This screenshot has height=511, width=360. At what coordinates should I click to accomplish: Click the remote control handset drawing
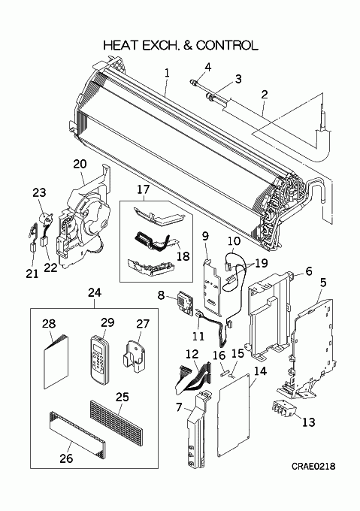pyautogui.click(x=99, y=360)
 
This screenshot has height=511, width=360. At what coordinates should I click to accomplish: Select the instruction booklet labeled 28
pyautogui.click(x=56, y=361)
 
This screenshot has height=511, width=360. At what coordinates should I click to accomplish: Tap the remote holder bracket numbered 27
pyautogui.click(x=134, y=355)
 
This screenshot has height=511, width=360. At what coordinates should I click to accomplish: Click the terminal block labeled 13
pyautogui.click(x=283, y=409)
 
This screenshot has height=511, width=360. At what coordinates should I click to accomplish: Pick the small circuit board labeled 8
pyautogui.click(x=185, y=301)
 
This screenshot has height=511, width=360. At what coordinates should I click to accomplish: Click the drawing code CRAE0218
pyautogui.click(x=313, y=467)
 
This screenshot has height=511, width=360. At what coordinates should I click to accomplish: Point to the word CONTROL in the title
pyautogui.click(x=227, y=45)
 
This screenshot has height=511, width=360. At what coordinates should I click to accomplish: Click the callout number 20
pyautogui.click(x=80, y=164)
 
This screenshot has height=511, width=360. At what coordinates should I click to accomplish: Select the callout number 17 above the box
pyautogui.click(x=143, y=189)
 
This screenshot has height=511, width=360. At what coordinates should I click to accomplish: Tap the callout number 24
pyautogui.click(x=95, y=292)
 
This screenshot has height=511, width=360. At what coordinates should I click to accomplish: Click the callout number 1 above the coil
pyautogui.click(x=167, y=73)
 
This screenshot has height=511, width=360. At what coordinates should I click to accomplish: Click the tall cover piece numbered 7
pyautogui.click(x=196, y=430)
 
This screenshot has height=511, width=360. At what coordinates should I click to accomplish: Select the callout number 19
pyautogui.click(x=261, y=263)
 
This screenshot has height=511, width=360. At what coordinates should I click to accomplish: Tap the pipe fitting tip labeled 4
pyautogui.click(x=193, y=82)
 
